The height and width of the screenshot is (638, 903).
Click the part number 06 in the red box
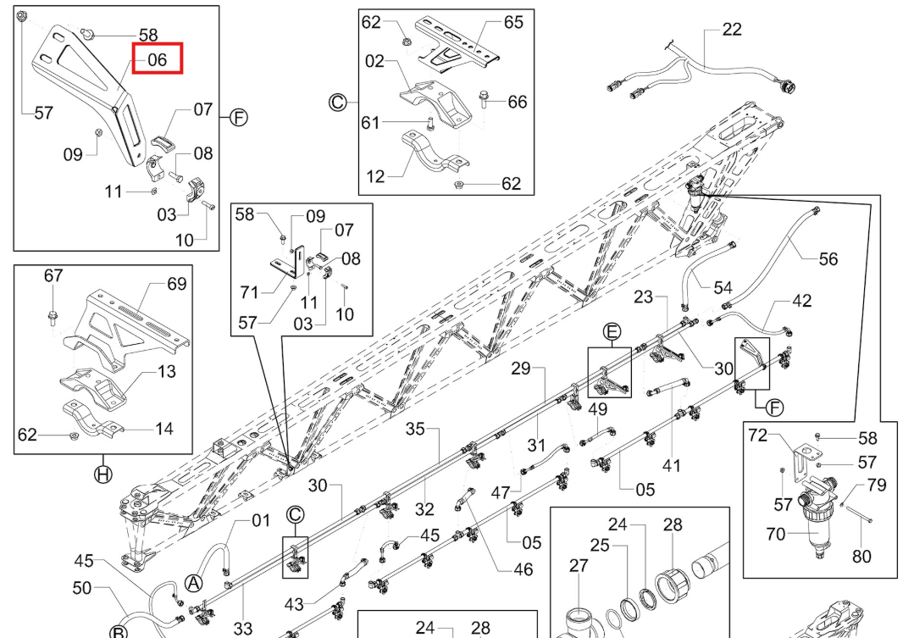click(x=158, y=59)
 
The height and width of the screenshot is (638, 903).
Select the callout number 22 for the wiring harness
click(x=731, y=29)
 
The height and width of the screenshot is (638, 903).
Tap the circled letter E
click(x=612, y=332)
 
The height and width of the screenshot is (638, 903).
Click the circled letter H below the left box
click(x=103, y=474)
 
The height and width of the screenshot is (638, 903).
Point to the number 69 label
click(x=177, y=284)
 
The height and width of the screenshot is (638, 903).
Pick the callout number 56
click(x=828, y=259)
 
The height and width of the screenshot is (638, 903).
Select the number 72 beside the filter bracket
click(x=758, y=436)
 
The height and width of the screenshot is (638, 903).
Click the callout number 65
click(x=513, y=22)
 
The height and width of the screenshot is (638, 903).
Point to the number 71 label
click(x=249, y=292)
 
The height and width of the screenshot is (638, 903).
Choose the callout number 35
click(x=415, y=429)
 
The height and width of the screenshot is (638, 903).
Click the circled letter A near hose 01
click(x=194, y=583)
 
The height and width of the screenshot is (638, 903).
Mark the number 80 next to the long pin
click(x=861, y=556)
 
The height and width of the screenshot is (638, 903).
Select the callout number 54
click(x=723, y=287)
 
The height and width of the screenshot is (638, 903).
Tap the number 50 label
click(x=82, y=588)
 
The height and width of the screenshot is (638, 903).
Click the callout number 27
click(x=579, y=566)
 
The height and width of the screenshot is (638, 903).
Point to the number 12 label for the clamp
click(x=375, y=176)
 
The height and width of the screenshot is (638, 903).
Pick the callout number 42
click(x=801, y=301)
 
